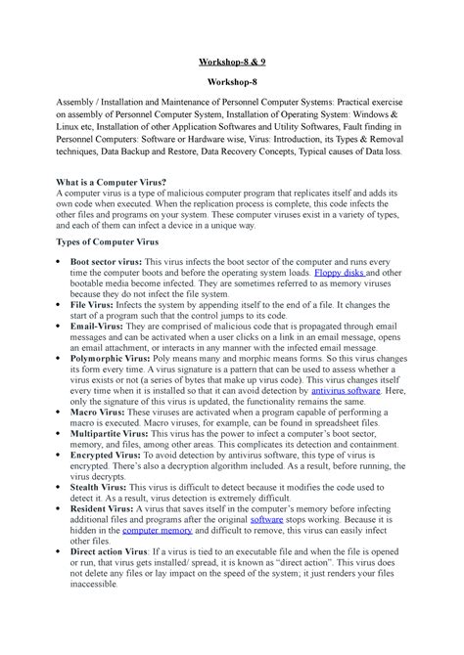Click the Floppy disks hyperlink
339,275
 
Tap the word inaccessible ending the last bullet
89,586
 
